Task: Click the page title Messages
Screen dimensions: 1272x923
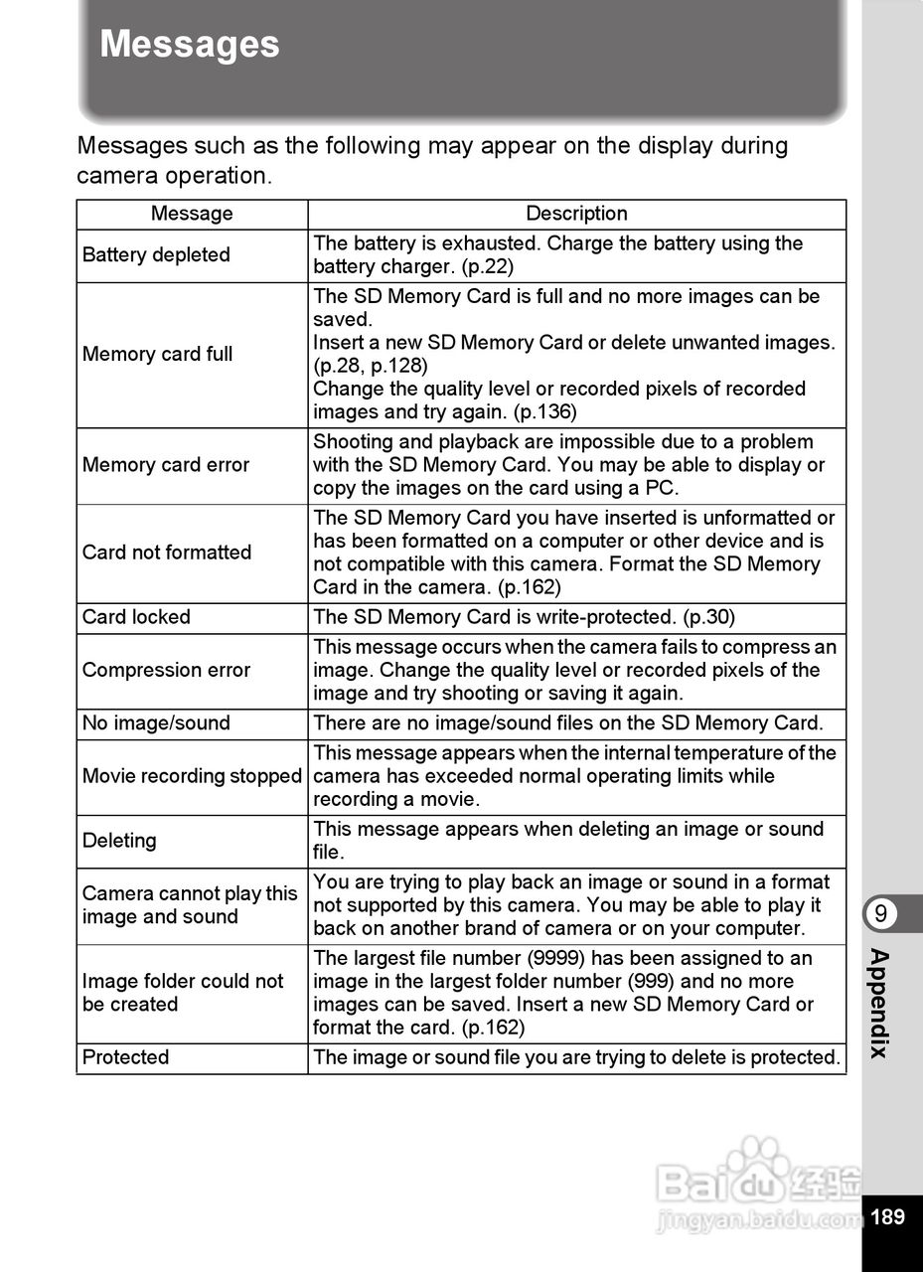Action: pos(190,46)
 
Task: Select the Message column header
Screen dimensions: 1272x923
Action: pos(192,214)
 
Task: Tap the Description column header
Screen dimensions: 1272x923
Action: pos(576,214)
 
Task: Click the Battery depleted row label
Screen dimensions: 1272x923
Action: pos(156,255)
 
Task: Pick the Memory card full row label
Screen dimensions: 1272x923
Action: pos(157,355)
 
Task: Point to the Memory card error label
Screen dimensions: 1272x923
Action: pos(166,465)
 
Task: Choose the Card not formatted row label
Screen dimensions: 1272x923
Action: pos(167,553)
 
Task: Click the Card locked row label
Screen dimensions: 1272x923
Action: pos(136,617)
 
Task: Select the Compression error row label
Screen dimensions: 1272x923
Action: pos(166,671)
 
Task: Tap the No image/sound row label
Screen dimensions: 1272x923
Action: pos(156,723)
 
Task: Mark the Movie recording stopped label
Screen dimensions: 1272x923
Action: pos(192,776)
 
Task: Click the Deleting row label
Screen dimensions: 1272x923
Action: pos(119,841)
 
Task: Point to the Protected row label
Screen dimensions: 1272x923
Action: pos(125,1057)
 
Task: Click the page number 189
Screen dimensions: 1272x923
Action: pos(887,1216)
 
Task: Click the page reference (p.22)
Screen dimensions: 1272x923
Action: pos(488,267)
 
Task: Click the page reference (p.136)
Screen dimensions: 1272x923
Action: pos(544,412)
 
